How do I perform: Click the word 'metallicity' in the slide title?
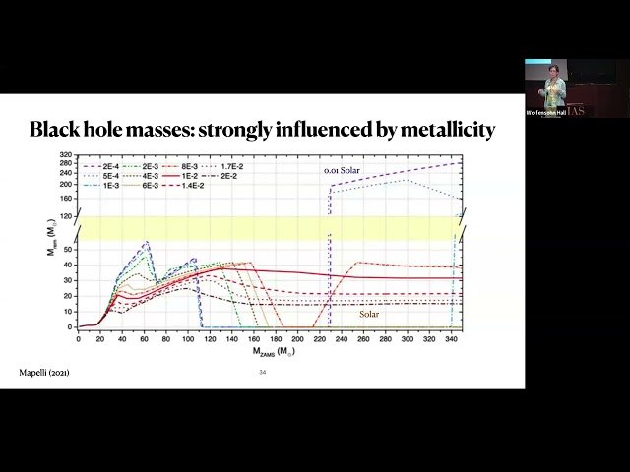(444, 130)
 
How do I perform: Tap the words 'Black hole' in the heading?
(80, 130)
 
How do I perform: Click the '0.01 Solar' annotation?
(345, 171)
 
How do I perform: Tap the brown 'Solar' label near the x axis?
(369, 315)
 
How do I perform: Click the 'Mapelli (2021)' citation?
(44, 372)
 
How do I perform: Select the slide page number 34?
(263, 373)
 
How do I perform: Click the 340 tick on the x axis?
(450, 339)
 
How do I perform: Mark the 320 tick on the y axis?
(67, 155)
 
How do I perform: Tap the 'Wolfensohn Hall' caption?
(546, 112)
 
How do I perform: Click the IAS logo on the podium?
(575, 111)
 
